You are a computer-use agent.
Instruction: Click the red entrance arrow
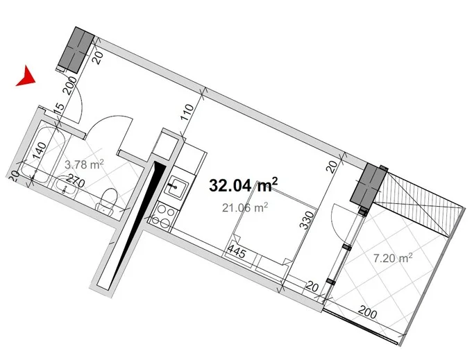click(27, 77)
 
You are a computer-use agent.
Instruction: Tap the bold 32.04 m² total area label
click(243, 185)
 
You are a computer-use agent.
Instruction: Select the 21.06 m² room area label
click(245, 207)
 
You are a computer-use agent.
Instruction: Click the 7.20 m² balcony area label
click(393, 258)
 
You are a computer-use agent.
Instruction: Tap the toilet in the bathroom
click(107, 202)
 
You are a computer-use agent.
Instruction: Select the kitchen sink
click(176, 188)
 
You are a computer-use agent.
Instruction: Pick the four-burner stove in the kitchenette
click(163, 216)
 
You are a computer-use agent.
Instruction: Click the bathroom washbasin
click(64, 186)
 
